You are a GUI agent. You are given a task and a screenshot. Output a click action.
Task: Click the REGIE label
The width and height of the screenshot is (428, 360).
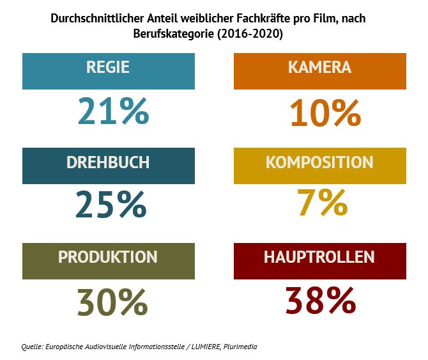(108, 67)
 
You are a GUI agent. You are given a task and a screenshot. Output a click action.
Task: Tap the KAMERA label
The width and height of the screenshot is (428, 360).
(319, 67)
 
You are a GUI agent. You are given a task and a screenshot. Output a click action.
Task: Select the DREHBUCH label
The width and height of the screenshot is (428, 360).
(108, 162)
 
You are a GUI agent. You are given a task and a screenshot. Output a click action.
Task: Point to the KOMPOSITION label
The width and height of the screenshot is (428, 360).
(319, 162)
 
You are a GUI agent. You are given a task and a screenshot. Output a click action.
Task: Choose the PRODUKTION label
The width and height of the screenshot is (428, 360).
(108, 257)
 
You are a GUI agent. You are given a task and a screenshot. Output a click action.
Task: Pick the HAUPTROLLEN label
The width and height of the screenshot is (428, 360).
(319, 257)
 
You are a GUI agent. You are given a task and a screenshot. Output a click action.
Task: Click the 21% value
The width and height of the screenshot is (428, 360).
(113, 111)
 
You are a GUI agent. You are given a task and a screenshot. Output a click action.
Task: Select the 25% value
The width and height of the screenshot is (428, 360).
(111, 205)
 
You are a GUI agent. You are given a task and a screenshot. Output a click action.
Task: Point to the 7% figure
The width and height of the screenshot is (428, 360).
(323, 203)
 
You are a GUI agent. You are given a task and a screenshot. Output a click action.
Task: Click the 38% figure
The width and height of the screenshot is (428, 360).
(320, 301)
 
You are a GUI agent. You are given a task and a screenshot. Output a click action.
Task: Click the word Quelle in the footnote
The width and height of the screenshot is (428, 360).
(32, 347)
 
